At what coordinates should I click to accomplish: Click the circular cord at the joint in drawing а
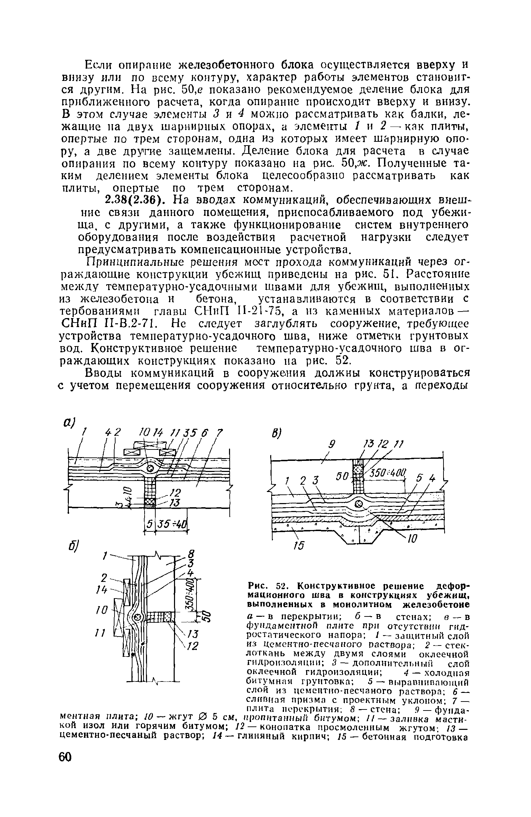[x=150, y=468]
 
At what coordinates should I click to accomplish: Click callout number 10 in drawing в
[x=413, y=538]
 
